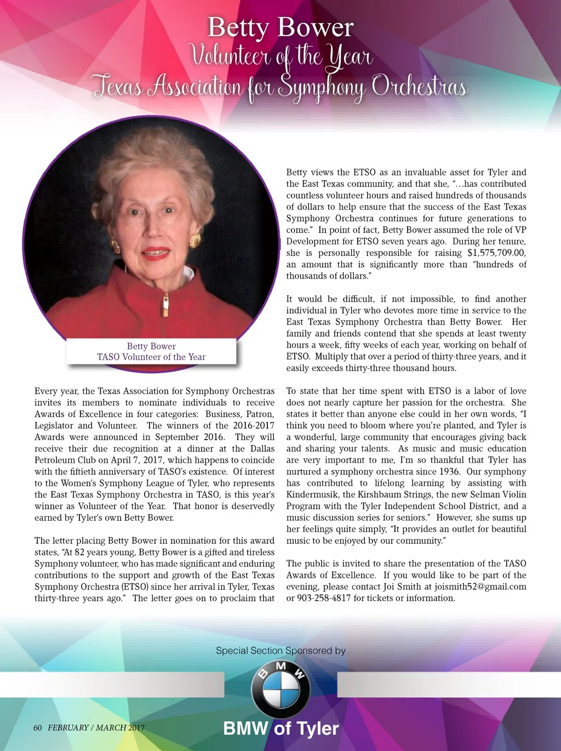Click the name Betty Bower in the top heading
click(280, 28)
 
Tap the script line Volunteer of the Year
click(280, 56)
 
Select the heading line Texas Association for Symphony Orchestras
click(280, 87)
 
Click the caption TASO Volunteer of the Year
click(151, 357)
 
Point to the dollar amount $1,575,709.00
click(496, 253)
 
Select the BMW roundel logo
click(280, 686)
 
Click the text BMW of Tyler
click(281, 729)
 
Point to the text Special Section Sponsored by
click(280, 651)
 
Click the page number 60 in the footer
click(37, 728)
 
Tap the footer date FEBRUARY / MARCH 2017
click(96, 728)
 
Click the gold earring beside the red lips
click(194, 240)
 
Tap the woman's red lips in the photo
click(156, 253)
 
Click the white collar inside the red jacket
click(188, 272)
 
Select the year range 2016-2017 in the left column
click(254, 425)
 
